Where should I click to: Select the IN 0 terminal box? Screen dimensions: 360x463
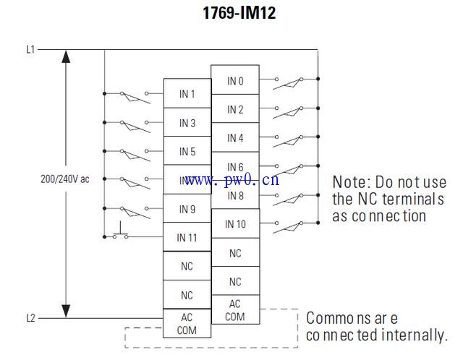pyautogui.click(x=235, y=81)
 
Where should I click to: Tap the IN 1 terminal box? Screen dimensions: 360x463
pyautogui.click(x=187, y=94)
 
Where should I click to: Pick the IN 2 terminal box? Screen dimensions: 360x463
pyautogui.click(x=235, y=109)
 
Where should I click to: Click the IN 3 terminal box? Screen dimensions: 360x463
pyautogui.click(x=187, y=123)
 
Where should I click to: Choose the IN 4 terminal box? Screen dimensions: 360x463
pyautogui.click(x=235, y=137)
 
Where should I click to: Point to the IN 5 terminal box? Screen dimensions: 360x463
pyautogui.click(x=187, y=152)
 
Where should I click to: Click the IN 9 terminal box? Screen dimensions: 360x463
pyautogui.click(x=187, y=209)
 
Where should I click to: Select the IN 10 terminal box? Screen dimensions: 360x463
pyautogui.click(x=235, y=224)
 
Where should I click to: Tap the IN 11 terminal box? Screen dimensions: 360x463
pyautogui.click(x=187, y=237)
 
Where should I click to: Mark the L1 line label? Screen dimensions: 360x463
pyautogui.click(x=30, y=50)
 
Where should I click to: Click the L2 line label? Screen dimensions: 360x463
pyautogui.click(x=30, y=317)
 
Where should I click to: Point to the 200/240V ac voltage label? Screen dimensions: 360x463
pyautogui.click(x=65, y=179)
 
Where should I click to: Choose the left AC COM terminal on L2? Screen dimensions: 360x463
pyautogui.click(x=187, y=323)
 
